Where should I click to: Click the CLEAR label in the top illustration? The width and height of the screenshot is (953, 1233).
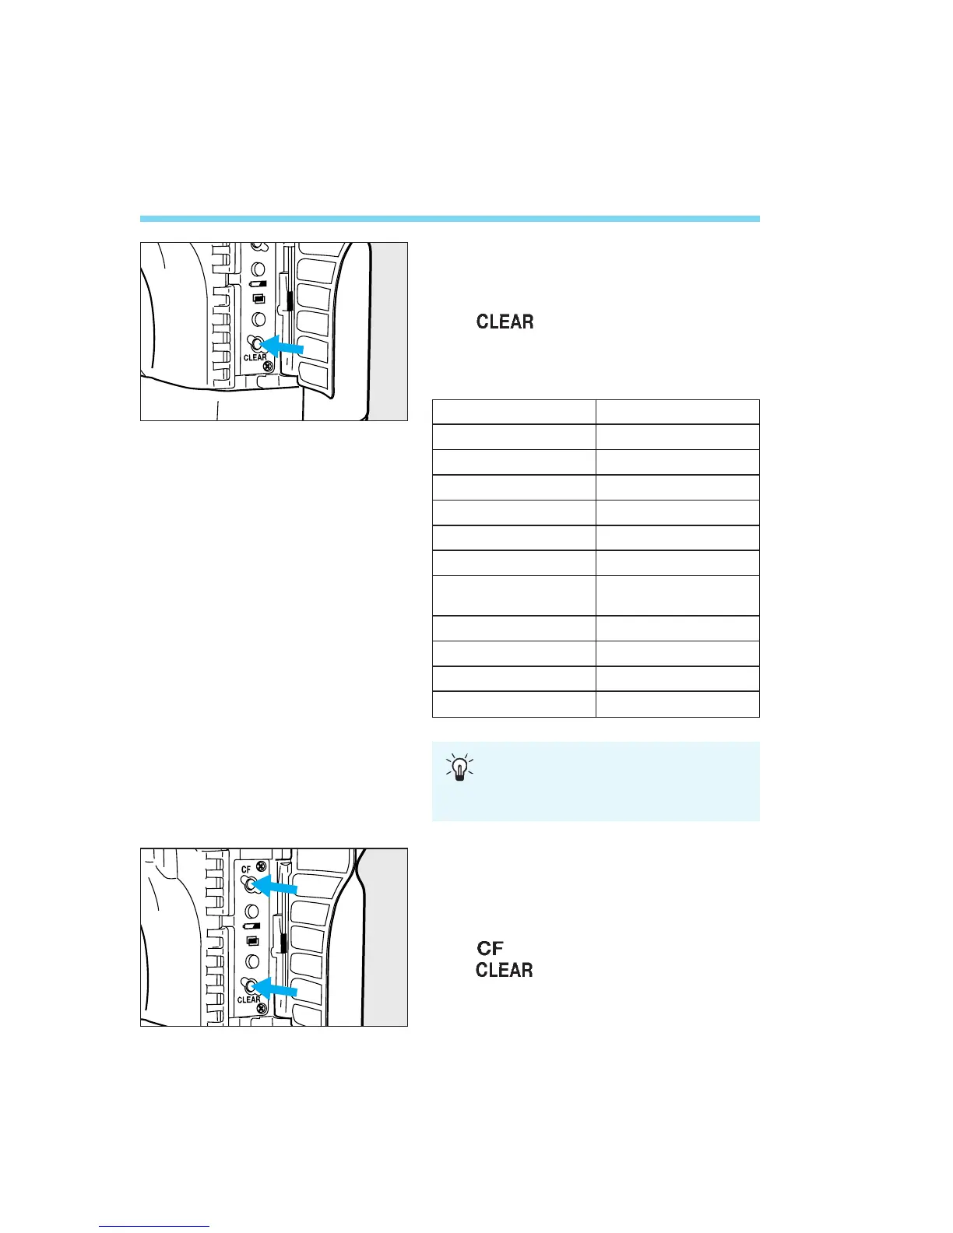pyautogui.click(x=255, y=358)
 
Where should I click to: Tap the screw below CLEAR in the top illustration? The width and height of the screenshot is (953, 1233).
pyautogui.click(x=267, y=368)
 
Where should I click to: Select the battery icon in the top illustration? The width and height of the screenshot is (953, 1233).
pyautogui.click(x=258, y=284)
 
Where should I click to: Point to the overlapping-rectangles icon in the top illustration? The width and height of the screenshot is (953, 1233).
pyautogui.click(x=259, y=299)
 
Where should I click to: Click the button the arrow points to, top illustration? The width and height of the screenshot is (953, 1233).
pyautogui.click(x=255, y=342)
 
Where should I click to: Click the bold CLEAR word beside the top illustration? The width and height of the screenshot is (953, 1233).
pyautogui.click(x=505, y=321)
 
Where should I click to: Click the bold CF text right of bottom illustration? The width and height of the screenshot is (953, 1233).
pyautogui.click(x=490, y=948)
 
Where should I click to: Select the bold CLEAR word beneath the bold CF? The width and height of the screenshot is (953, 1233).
pyautogui.click(x=505, y=970)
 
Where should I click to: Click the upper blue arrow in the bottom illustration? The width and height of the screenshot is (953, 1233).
pyautogui.click(x=278, y=886)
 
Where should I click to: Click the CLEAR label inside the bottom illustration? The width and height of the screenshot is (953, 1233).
pyautogui.click(x=248, y=999)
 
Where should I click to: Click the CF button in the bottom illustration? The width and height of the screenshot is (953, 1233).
pyautogui.click(x=249, y=883)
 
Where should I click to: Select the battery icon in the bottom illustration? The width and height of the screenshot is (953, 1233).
pyautogui.click(x=251, y=927)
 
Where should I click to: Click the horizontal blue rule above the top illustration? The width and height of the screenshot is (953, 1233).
pyautogui.click(x=449, y=219)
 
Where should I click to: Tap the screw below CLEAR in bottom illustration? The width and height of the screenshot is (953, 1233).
pyautogui.click(x=262, y=1010)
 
